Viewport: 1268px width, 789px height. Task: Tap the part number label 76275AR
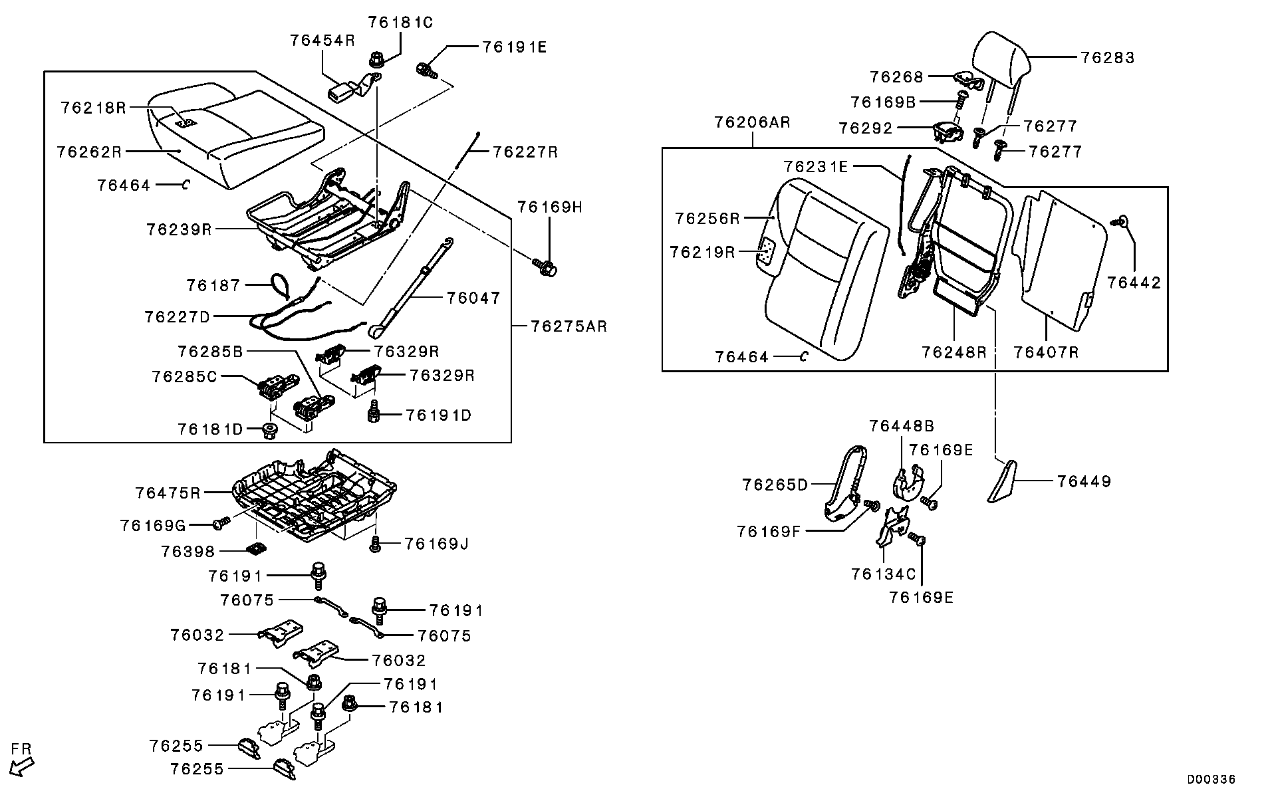569,326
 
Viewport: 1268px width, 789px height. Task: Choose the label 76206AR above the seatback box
752,122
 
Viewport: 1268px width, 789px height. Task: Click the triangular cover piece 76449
1002,482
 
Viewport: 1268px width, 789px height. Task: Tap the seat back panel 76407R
1057,259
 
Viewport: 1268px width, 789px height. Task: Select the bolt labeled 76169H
546,268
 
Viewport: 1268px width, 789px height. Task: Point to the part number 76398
188,552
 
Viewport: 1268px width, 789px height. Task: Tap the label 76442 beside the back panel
1134,282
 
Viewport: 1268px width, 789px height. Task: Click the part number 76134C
884,573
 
